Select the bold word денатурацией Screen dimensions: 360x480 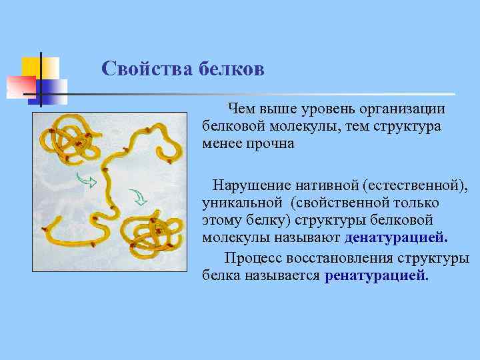[x=396, y=238]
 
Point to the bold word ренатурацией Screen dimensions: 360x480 [x=377, y=275]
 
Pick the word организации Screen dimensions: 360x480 [x=406, y=109]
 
